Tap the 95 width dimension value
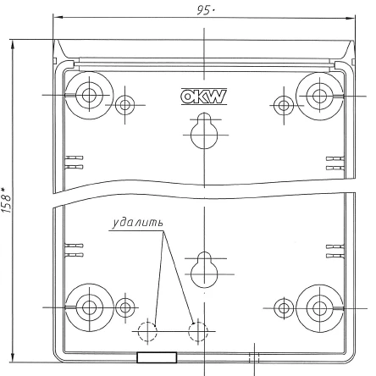204,9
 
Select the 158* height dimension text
7,199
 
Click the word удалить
136,225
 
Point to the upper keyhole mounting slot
203,130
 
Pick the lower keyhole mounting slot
203,267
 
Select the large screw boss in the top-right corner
318,94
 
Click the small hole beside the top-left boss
125,105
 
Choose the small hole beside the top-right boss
282,105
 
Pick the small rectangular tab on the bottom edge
157,358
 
